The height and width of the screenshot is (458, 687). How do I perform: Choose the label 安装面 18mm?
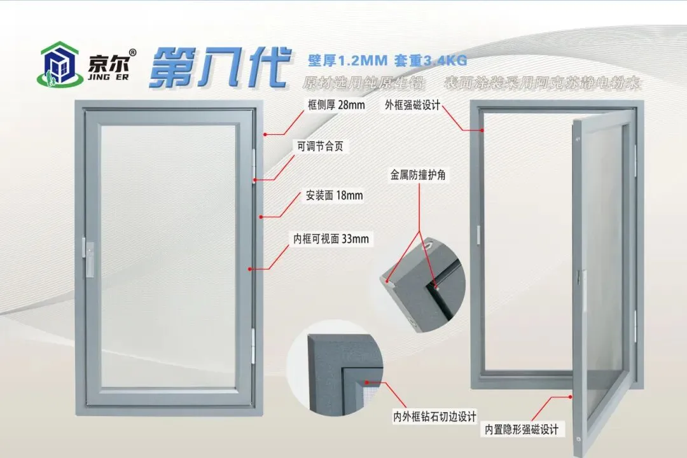(x=334, y=195)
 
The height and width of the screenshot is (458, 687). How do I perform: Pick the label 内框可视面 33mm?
(x=330, y=239)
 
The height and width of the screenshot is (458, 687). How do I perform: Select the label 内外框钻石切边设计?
(x=434, y=417)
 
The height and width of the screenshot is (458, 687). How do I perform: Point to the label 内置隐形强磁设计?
(x=522, y=429)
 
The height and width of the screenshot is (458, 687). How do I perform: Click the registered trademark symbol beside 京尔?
(x=132, y=52)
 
